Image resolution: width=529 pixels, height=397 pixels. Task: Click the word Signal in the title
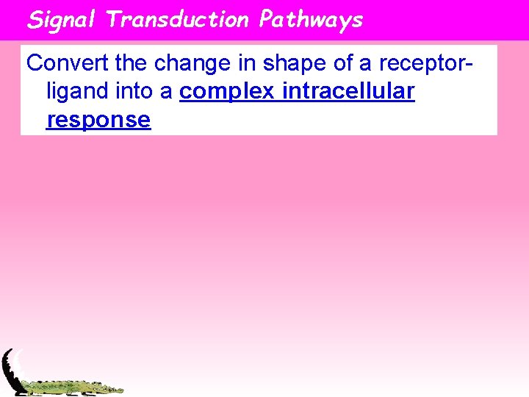[x=62, y=20]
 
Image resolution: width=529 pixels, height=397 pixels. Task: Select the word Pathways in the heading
[x=311, y=20]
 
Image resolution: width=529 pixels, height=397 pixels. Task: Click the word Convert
[x=68, y=63]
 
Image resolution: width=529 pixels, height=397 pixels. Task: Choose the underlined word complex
[x=226, y=93]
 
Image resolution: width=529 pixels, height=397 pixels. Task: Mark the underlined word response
[x=98, y=120]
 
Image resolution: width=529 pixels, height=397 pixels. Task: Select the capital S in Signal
[x=35, y=20]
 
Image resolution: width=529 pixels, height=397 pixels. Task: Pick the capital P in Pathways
[x=266, y=20]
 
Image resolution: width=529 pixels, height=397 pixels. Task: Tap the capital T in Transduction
[x=113, y=20]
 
